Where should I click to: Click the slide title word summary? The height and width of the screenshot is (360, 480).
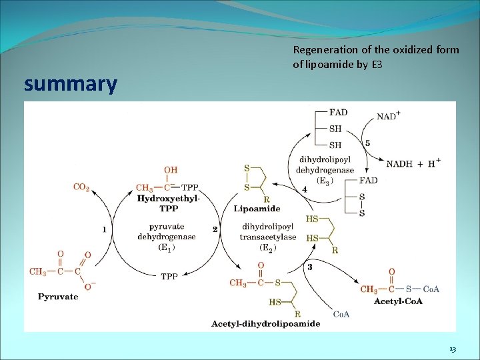tap(70, 85)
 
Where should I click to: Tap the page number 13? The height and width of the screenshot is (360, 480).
tap(453, 349)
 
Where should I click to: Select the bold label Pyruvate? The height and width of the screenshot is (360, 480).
tap(58, 296)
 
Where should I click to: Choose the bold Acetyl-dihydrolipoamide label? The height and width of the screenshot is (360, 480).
tap(265, 324)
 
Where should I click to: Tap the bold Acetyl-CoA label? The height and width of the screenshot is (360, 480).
tap(398, 301)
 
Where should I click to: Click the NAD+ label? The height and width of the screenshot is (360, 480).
tap(389, 115)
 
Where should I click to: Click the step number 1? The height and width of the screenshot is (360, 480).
tap(103, 229)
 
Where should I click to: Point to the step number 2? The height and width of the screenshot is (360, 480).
tap(215, 229)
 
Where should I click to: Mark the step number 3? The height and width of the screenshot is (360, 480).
tap(309, 267)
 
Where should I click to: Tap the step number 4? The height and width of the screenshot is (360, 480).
tap(305, 190)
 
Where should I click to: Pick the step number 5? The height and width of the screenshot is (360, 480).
tap(367, 143)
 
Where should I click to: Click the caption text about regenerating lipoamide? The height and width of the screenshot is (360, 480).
tap(375, 57)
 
